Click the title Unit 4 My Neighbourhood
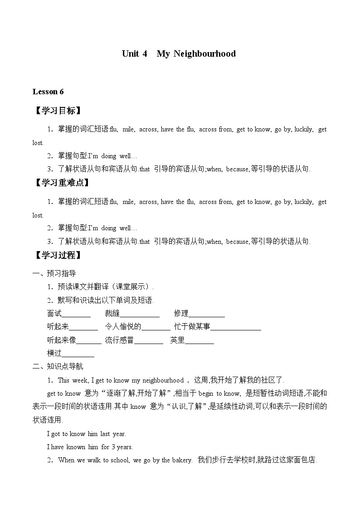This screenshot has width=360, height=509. [x=179, y=53]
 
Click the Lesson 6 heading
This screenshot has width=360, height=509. [x=48, y=92]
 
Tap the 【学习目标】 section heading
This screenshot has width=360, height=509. [x=58, y=111]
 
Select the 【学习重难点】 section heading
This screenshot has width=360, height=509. [x=62, y=183]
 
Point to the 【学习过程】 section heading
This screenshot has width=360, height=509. [x=58, y=255]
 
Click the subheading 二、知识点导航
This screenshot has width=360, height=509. [x=58, y=366]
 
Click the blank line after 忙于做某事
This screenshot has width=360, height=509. [x=236, y=327]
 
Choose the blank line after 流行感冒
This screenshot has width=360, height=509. [x=148, y=341]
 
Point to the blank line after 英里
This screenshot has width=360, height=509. [x=199, y=341]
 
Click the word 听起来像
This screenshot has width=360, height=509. [x=61, y=340]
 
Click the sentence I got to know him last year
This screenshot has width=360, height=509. [x=87, y=434]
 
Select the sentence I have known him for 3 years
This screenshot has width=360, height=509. [x=90, y=447]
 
